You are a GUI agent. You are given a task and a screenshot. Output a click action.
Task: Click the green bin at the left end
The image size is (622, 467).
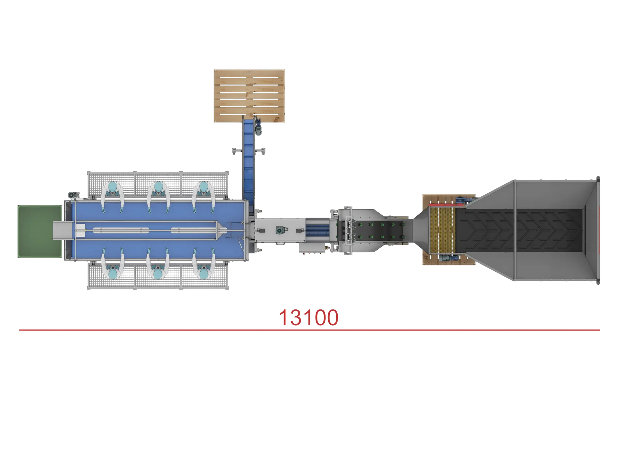tap(39, 232)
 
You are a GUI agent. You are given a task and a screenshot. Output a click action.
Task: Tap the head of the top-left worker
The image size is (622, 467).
tap(112, 187)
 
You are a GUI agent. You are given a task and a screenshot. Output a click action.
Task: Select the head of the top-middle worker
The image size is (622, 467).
tap(158, 187)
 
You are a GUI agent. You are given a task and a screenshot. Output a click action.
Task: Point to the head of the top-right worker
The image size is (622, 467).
tap(204, 187)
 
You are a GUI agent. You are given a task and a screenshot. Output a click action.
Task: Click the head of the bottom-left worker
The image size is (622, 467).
tap(112, 273)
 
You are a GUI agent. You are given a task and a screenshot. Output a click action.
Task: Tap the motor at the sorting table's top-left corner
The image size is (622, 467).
tap(72, 195)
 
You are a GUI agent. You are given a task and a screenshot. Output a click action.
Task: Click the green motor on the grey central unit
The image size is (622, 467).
tap(279, 230)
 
